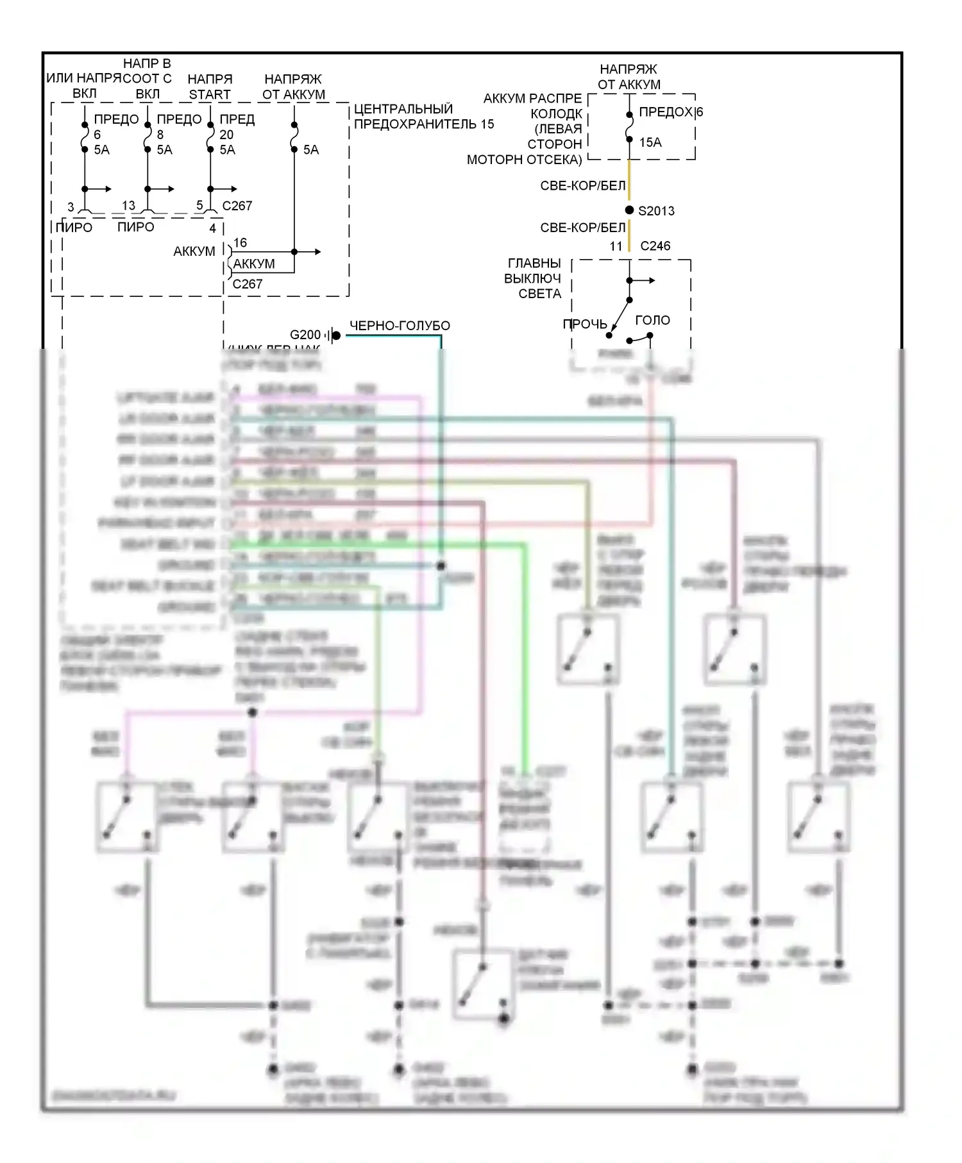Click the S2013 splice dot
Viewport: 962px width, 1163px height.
(x=629, y=210)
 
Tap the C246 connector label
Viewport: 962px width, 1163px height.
(x=655, y=246)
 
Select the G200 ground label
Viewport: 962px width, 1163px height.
(x=305, y=335)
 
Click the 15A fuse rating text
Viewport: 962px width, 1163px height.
(x=650, y=142)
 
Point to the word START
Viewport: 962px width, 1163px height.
(x=210, y=94)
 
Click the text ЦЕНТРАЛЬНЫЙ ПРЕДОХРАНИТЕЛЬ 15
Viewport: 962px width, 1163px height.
(x=423, y=117)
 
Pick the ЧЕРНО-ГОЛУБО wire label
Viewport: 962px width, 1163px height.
(x=400, y=326)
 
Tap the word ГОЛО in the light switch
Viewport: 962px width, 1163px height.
(x=652, y=320)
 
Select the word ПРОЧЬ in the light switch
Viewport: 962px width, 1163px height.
(x=584, y=324)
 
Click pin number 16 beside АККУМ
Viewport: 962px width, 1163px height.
(x=240, y=242)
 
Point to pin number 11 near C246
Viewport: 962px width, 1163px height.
(x=616, y=246)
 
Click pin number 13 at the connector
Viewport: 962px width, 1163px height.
(x=128, y=205)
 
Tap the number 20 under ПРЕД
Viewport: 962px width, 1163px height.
(x=226, y=135)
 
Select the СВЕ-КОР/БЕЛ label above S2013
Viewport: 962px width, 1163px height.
(x=582, y=186)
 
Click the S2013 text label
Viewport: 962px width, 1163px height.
(x=656, y=211)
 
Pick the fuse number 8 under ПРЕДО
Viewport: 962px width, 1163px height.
(x=160, y=135)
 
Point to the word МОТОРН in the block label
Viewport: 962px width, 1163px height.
(x=491, y=160)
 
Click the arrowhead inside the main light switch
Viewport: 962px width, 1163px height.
(x=652, y=280)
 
